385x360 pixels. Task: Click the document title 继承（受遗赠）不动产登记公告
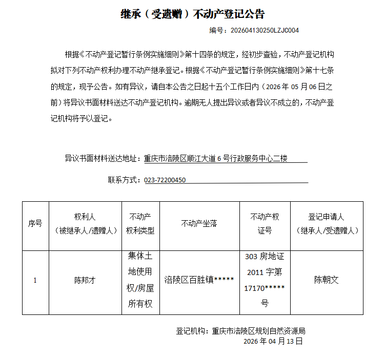(x=192, y=14)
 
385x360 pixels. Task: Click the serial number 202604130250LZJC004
(x=265, y=30)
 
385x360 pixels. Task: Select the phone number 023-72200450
(x=165, y=180)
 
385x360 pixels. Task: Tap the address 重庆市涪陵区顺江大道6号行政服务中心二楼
(x=216, y=159)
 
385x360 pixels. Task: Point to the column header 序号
(x=35, y=224)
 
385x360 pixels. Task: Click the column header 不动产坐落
(x=199, y=224)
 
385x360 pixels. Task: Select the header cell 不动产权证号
(x=265, y=224)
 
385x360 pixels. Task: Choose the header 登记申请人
(x=327, y=224)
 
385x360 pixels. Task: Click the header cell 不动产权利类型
(x=141, y=224)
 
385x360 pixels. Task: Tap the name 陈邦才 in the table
(x=85, y=281)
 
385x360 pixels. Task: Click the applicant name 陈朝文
(x=327, y=280)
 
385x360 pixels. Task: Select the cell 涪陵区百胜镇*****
(x=199, y=280)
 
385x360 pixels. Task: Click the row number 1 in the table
(x=35, y=281)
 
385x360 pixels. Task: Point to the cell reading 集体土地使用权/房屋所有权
(x=140, y=280)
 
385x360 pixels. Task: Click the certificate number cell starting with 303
(x=265, y=280)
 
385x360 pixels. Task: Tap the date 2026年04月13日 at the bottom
(x=273, y=341)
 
